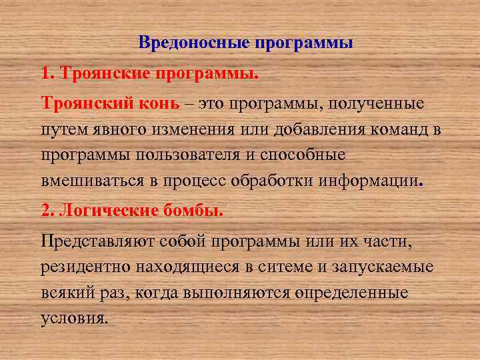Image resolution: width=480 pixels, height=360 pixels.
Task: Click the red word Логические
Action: [x=108, y=211]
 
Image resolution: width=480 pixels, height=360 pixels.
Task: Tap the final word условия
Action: [x=73, y=318]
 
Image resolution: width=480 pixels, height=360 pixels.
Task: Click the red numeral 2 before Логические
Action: [x=45, y=211]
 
